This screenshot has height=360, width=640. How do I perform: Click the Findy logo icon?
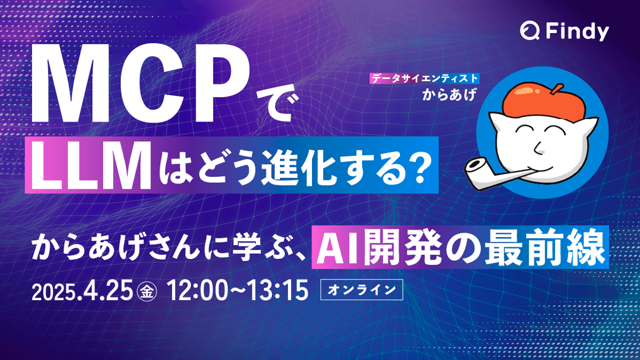tap(529, 32)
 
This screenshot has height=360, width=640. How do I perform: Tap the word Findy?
tap(577, 33)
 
